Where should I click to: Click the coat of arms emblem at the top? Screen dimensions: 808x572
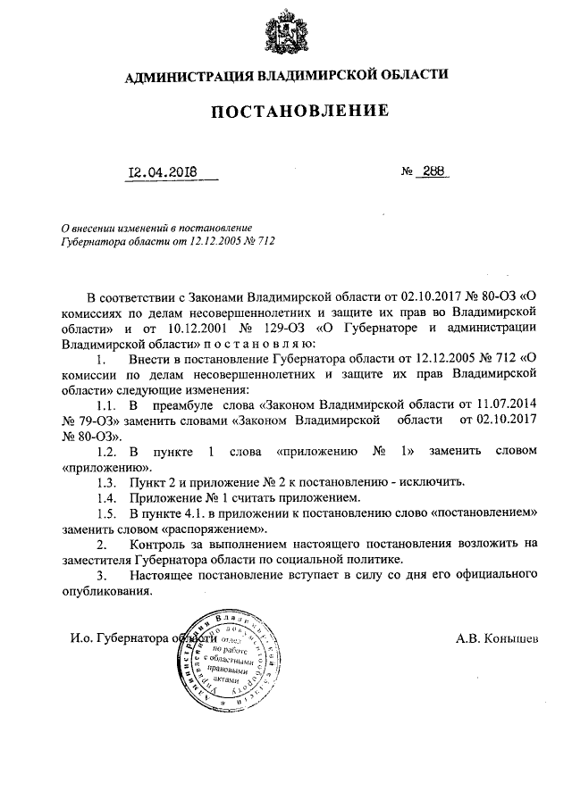click(x=286, y=33)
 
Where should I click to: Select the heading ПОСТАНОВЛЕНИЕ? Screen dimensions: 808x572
click(x=299, y=112)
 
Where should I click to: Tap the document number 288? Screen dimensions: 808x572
click(x=433, y=172)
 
